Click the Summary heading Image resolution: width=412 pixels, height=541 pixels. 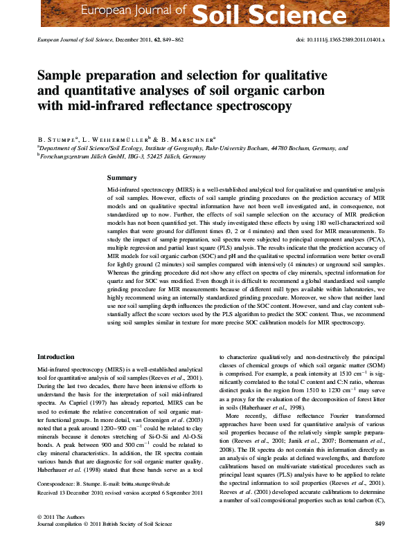(122, 178)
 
